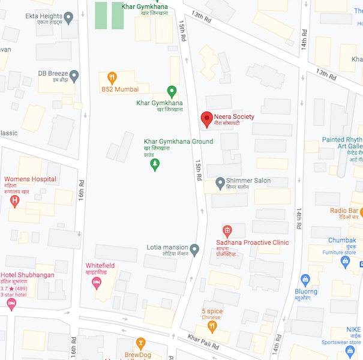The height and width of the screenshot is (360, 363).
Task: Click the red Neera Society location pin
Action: [x=206, y=118]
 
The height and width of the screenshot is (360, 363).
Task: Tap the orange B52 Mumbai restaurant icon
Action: [x=112, y=77]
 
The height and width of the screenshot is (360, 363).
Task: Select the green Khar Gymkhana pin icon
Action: [x=172, y=91]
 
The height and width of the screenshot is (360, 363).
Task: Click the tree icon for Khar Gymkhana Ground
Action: [x=155, y=163]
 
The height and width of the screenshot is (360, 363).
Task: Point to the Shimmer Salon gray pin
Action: [x=220, y=181]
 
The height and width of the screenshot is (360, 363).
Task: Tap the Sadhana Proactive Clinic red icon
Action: [x=227, y=230]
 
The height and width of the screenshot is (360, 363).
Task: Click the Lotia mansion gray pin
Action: [x=194, y=248]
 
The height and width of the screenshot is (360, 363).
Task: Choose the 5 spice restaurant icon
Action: [x=212, y=326]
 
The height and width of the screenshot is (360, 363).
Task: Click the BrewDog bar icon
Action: [x=140, y=343]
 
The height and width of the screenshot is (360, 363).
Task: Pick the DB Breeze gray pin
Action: [x=74, y=76]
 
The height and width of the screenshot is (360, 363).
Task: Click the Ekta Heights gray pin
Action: [x=68, y=19]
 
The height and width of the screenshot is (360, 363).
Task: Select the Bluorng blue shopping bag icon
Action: [x=305, y=279]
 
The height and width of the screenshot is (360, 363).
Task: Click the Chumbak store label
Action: [x=341, y=240]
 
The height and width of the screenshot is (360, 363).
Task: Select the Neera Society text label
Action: [x=234, y=116]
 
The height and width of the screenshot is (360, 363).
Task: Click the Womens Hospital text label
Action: [x=30, y=179]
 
